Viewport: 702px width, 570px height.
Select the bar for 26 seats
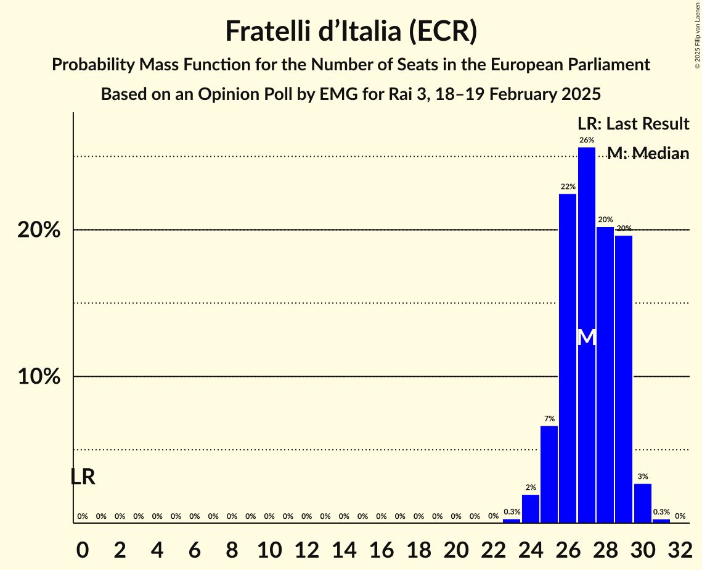pos(568,358)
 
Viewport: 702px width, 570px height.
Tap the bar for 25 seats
pos(549,474)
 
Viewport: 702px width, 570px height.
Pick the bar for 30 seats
pos(643,503)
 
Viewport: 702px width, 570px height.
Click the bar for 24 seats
pos(531,509)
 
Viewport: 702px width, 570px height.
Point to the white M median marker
pos(587,337)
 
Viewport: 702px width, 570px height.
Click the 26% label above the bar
pos(587,140)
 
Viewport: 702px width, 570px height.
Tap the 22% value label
pos(568,186)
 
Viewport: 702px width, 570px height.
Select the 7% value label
pos(549,419)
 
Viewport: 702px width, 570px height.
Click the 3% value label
pos(643,476)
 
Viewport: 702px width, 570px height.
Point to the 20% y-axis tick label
pos(39,230)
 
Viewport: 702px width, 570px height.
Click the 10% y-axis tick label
pos(39,377)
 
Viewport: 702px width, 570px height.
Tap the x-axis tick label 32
pos(680,547)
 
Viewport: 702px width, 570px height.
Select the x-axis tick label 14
pos(344,547)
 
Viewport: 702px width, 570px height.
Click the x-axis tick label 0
pos(83,547)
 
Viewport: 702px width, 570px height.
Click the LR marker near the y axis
pos(83,477)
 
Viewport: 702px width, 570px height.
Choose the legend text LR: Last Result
pos(633,124)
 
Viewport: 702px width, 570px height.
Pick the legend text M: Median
pos(648,153)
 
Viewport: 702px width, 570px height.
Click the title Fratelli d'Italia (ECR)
pos(351,31)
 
